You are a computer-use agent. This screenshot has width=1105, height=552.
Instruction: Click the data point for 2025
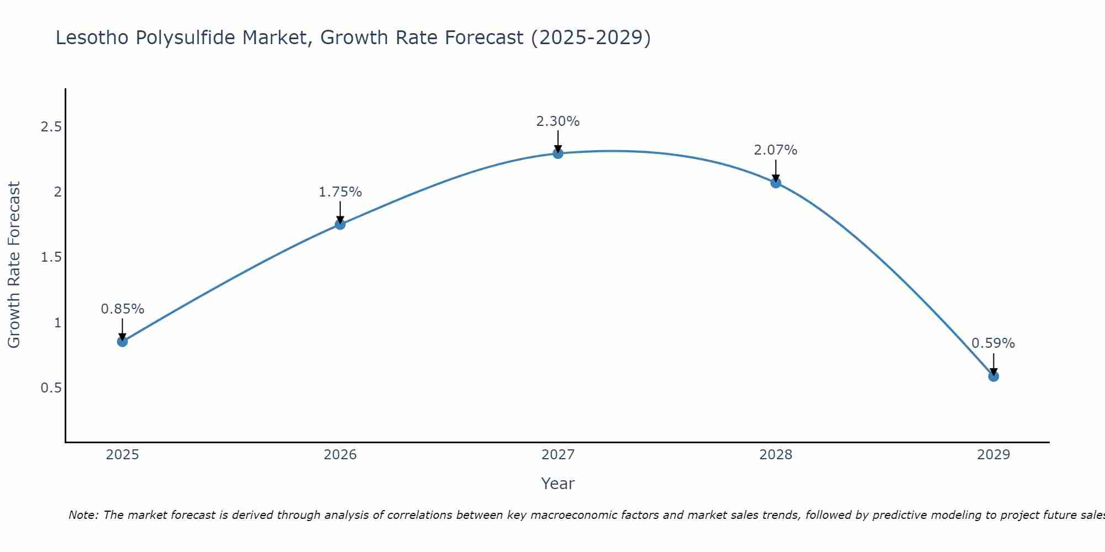[123, 342]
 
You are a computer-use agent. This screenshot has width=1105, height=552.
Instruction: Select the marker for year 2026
[340, 224]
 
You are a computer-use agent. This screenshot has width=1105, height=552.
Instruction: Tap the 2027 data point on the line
[558, 153]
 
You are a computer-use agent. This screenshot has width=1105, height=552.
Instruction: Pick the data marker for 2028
[776, 183]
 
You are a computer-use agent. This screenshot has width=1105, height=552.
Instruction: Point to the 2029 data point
[993, 376]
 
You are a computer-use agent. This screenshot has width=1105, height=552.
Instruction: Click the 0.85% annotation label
[123, 309]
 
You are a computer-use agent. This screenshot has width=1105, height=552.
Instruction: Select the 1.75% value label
[340, 192]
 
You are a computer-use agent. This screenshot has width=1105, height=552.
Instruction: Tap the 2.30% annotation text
[558, 121]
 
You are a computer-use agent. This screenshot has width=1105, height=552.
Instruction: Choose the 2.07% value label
[776, 150]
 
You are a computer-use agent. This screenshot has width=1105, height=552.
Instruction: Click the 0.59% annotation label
[993, 343]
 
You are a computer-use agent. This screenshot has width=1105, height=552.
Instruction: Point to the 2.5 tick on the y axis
[51, 127]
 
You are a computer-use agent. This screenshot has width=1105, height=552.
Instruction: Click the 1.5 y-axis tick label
[51, 257]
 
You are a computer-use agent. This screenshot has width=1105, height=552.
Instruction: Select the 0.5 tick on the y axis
[51, 388]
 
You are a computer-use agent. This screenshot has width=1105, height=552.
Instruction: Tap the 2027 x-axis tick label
[558, 455]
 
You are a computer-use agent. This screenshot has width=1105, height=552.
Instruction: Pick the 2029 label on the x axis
[993, 455]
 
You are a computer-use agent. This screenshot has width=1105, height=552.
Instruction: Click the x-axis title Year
[558, 484]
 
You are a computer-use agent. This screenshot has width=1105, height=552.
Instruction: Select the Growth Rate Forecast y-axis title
[14, 265]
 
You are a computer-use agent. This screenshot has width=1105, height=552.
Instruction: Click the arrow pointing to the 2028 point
[776, 170]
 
